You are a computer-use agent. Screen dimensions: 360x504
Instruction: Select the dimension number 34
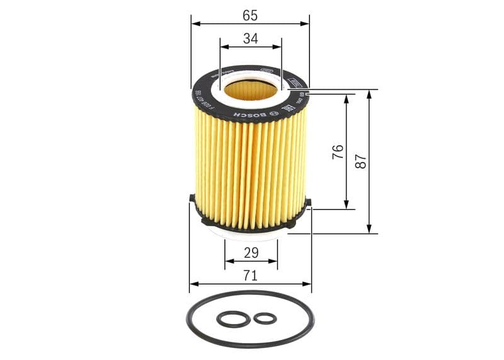(x=250, y=38)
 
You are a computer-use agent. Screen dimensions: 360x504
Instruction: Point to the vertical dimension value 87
(x=361, y=161)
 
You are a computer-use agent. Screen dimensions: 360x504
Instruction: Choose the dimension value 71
(x=250, y=275)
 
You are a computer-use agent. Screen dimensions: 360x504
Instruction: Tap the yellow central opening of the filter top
(x=251, y=90)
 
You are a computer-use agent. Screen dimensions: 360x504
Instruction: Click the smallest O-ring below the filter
(x=265, y=318)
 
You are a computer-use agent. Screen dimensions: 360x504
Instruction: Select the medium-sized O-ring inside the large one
(x=233, y=319)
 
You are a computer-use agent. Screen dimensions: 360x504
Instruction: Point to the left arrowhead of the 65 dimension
(x=195, y=23)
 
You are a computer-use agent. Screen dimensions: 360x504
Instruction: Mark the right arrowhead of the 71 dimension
(x=307, y=284)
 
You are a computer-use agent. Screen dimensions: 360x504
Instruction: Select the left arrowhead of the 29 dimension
(x=228, y=260)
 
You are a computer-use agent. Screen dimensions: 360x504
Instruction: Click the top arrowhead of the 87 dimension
(x=369, y=93)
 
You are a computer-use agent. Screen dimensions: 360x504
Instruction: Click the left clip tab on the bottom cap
(x=192, y=199)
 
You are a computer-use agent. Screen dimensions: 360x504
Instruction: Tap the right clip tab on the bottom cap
(x=307, y=203)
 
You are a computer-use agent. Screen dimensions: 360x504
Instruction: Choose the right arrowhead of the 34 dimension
(x=278, y=47)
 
